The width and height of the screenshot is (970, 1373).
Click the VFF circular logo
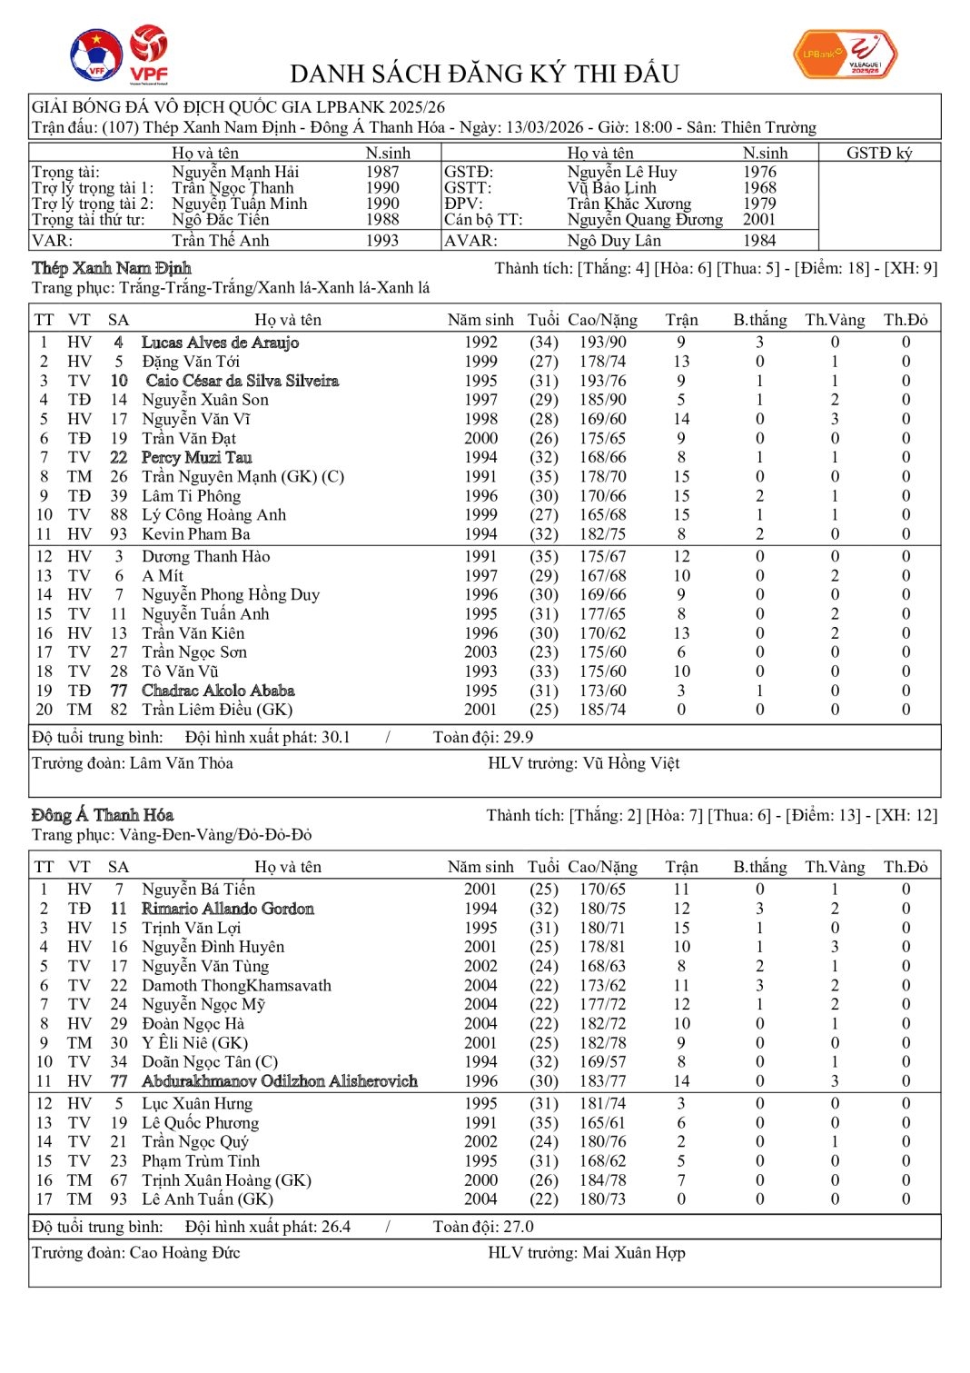(96, 55)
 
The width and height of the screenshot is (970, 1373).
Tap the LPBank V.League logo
(846, 55)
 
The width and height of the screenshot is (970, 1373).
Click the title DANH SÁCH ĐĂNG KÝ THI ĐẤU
(484, 74)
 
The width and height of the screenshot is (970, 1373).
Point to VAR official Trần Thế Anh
(221, 241)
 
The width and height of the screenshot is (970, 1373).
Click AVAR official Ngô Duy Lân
(614, 241)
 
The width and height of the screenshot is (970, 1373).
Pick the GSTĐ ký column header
(878, 154)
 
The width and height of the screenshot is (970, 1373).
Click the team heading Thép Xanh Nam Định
(112, 268)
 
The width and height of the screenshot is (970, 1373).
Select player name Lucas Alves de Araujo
(220, 343)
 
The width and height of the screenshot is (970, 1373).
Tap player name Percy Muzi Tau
(196, 458)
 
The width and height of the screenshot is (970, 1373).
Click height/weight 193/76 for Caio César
(602, 381)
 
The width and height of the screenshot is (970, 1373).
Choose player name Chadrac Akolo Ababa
(218, 691)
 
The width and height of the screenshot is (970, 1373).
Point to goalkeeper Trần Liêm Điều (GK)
(217, 710)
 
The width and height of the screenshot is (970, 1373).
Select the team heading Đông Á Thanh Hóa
(103, 815)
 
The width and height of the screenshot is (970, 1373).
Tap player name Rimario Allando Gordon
(228, 909)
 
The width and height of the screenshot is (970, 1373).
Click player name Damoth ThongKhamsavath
(236, 986)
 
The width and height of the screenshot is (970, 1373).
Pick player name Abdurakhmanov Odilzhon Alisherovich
(280, 1081)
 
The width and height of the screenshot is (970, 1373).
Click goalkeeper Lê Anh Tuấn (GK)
(207, 1199)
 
